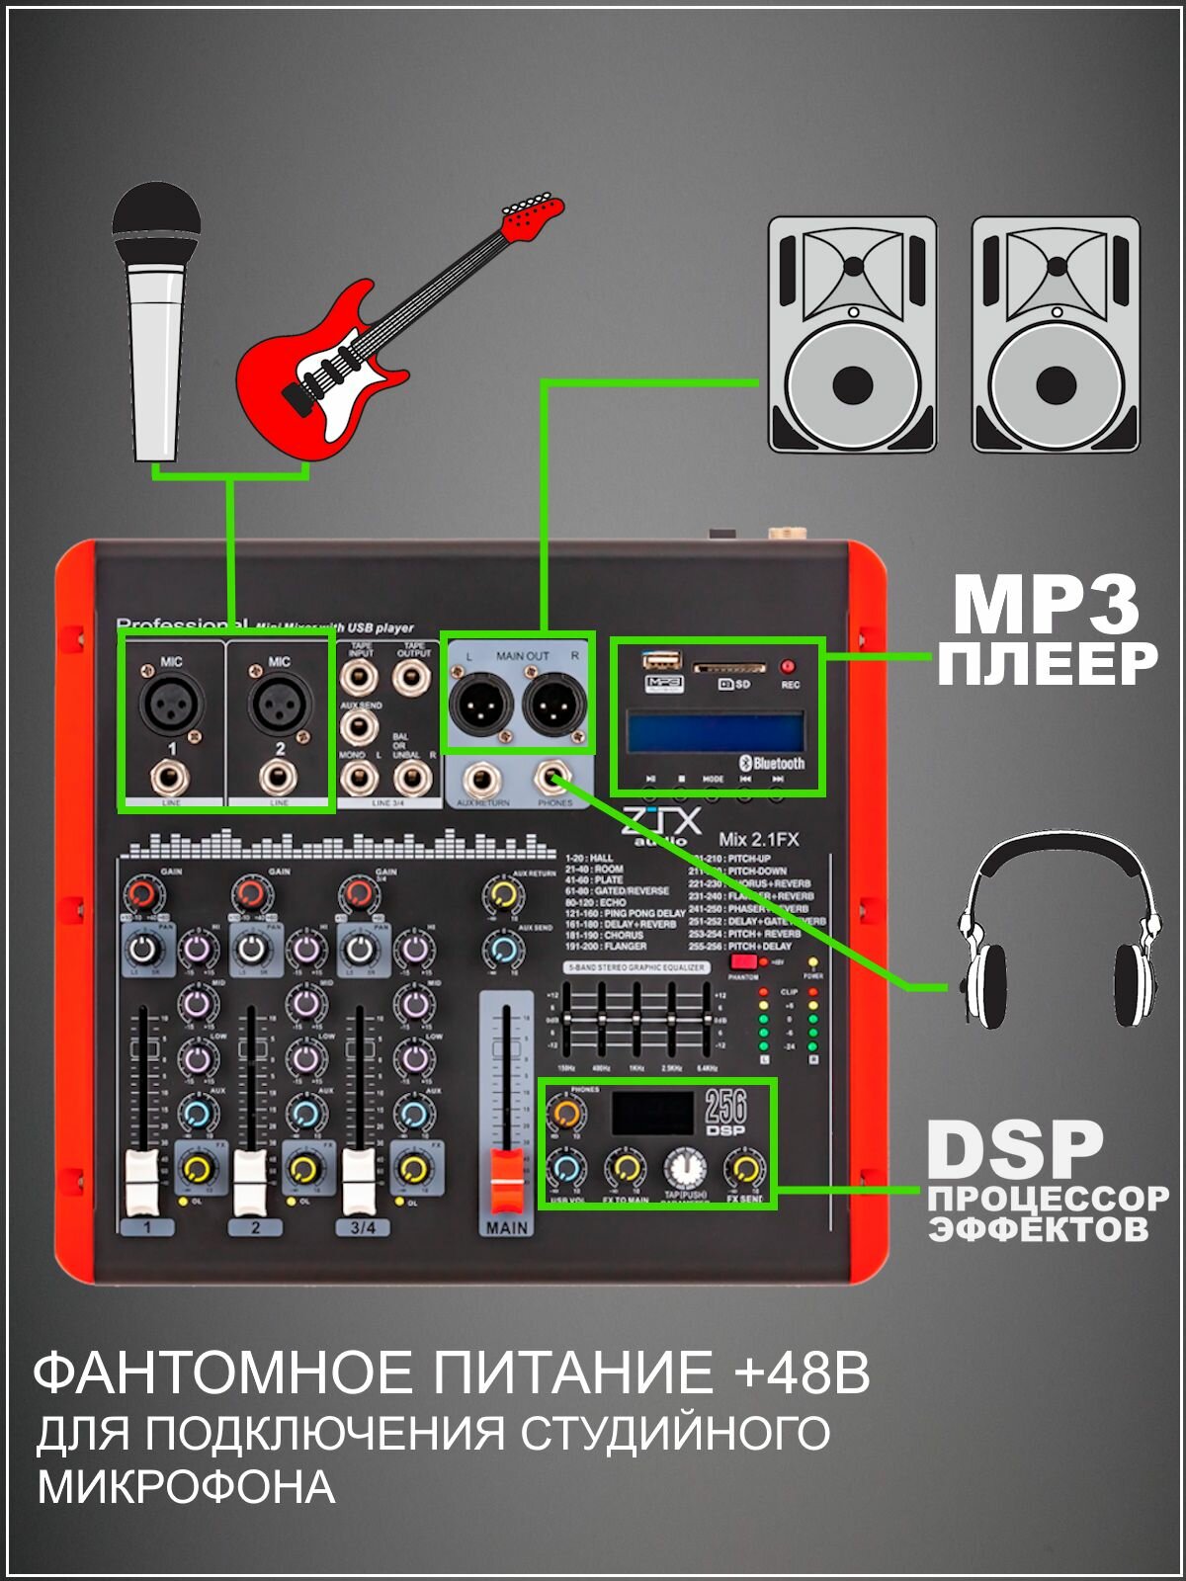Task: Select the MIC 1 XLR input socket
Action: (172, 705)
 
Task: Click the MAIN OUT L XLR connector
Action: (481, 705)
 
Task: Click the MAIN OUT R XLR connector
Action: (554, 705)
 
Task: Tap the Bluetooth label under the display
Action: (773, 763)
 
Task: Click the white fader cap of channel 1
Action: (143, 1181)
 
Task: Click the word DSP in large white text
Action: (1014, 1150)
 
